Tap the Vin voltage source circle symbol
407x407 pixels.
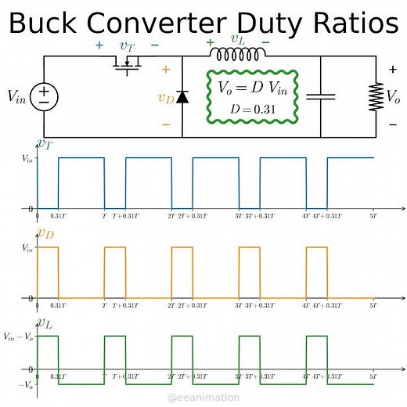(x=45, y=96)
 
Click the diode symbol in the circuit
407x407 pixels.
(x=182, y=97)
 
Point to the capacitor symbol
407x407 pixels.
(x=320, y=96)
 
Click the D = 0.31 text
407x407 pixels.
(x=253, y=109)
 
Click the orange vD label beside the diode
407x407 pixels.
(x=165, y=98)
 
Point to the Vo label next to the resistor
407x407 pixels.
(x=393, y=97)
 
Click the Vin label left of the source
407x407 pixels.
(x=16, y=96)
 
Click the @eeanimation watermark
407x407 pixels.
(x=203, y=398)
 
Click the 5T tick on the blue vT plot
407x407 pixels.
(x=374, y=216)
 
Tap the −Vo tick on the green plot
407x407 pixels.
(x=24, y=385)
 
